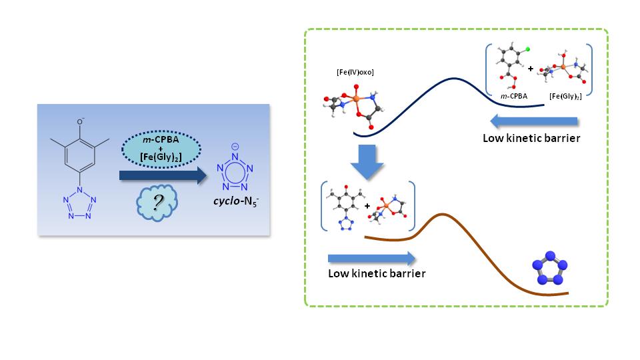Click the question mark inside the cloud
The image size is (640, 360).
[x=159, y=203]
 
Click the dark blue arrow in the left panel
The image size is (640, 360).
[x=163, y=175]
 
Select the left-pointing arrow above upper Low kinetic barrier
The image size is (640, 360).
[x=534, y=121]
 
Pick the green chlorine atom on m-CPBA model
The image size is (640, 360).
[x=527, y=49]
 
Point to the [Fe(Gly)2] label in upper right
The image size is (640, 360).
[x=563, y=97]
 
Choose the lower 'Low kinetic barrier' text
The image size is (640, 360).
[x=377, y=274]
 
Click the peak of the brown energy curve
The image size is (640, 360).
[x=441, y=215]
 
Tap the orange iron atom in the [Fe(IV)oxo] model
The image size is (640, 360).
[x=357, y=99]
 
